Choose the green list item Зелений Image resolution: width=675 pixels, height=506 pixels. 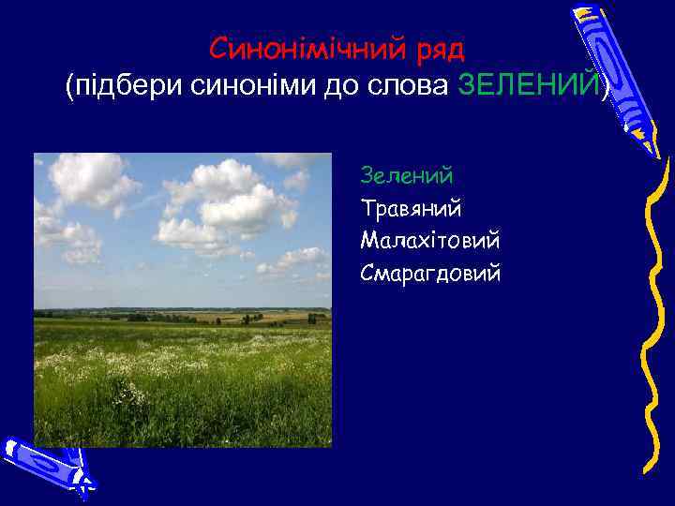pos(406,175)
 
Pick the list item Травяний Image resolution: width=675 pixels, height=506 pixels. pos(411,208)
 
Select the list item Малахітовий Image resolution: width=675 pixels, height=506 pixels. pos(430,241)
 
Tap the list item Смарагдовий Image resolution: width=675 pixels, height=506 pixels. pos(430,274)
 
